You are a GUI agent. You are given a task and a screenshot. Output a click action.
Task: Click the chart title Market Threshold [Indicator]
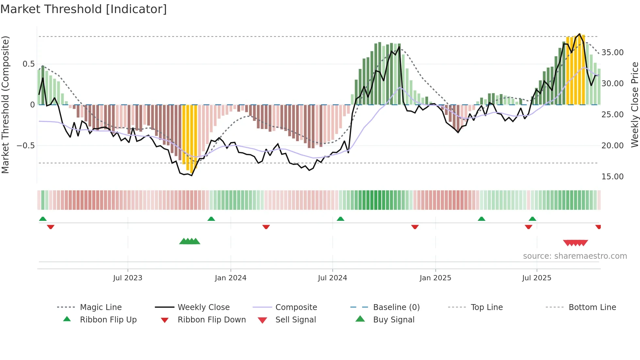click(84, 9)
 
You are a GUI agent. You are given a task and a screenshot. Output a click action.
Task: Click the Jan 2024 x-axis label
click(231, 278)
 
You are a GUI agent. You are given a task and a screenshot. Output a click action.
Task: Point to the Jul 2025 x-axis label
click(536, 278)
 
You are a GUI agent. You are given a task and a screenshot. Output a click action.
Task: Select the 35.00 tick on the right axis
click(612, 53)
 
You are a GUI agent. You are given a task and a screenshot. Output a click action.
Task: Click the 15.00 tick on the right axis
click(612, 177)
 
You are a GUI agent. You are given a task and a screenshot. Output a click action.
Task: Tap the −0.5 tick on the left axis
click(26, 146)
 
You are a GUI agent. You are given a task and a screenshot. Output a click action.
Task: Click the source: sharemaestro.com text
click(575, 256)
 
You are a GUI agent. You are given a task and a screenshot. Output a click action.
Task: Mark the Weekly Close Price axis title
click(634, 105)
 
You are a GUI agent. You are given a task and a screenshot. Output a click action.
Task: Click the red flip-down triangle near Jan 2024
click(266, 227)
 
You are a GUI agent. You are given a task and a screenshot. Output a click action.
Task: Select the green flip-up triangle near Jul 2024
click(341, 219)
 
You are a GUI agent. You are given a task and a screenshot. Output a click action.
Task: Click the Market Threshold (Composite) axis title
click(5, 105)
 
